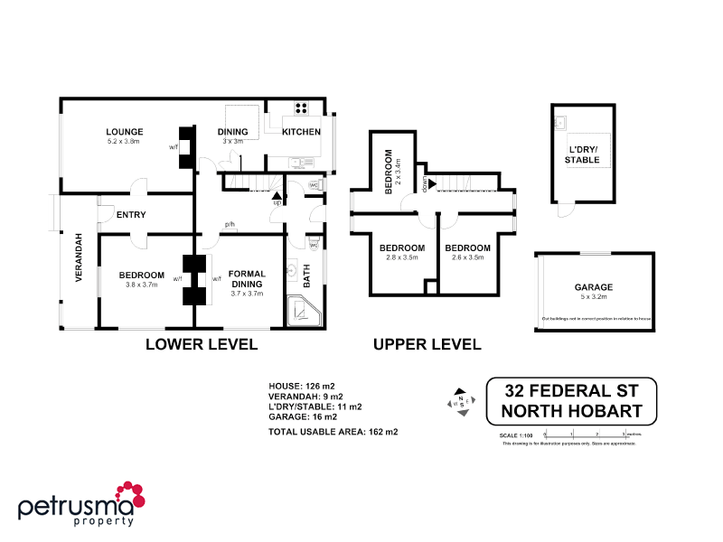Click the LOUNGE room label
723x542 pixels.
[x=125, y=132]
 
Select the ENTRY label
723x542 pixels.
[x=131, y=214]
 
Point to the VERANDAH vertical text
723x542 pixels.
[x=79, y=258]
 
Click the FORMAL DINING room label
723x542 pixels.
[x=247, y=279]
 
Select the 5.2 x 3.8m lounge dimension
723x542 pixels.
[x=125, y=142]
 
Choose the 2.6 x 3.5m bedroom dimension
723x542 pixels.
[x=467, y=257]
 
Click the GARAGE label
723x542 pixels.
[x=593, y=286]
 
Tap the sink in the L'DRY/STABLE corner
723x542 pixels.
[x=559, y=122]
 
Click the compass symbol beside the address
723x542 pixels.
[x=461, y=399]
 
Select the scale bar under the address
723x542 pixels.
[x=587, y=435]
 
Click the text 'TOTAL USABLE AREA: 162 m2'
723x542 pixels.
[x=333, y=432]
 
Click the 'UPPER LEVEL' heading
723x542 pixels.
[x=427, y=344]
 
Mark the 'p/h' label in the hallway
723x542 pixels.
[x=230, y=226]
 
